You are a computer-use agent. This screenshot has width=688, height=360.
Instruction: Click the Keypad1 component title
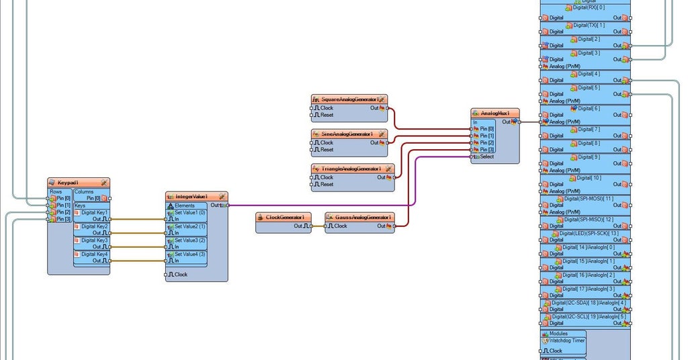pos(69,183)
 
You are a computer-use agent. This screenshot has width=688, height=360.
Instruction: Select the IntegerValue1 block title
pos(192,196)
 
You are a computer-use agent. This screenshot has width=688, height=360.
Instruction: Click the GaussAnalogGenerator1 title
pos(363,217)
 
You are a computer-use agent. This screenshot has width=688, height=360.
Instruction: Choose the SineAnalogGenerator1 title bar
pos(347,134)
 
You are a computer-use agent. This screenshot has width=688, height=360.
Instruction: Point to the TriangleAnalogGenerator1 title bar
pos(350,169)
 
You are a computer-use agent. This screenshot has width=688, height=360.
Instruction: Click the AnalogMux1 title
pos(499,113)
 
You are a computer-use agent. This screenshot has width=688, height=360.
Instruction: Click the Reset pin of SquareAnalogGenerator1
pos(327,115)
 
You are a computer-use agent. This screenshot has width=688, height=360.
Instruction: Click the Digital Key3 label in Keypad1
pos(94,240)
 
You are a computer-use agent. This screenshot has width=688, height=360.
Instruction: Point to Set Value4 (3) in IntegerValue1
pos(189,254)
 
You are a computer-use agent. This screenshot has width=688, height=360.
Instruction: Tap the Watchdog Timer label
pos(567,341)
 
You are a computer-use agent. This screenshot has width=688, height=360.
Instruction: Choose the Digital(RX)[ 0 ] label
pos(589,7)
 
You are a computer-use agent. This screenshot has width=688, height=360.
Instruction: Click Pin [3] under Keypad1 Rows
pos(63,219)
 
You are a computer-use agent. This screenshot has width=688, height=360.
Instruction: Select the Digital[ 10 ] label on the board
pos(588,177)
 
